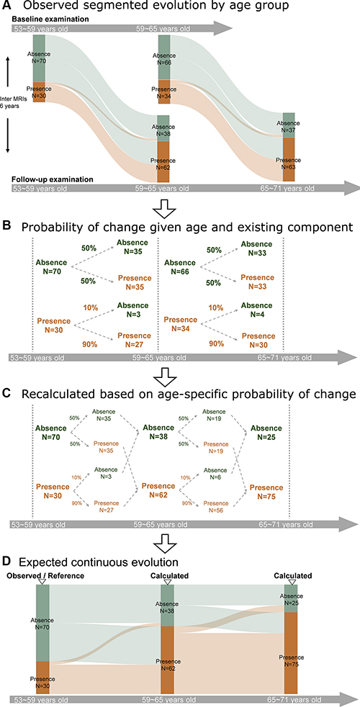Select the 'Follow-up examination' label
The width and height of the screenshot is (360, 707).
(x=52, y=179)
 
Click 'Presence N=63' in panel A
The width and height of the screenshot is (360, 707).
(x=288, y=162)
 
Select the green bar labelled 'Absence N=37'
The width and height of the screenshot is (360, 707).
(x=288, y=125)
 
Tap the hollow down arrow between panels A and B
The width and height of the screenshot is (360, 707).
(x=163, y=208)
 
